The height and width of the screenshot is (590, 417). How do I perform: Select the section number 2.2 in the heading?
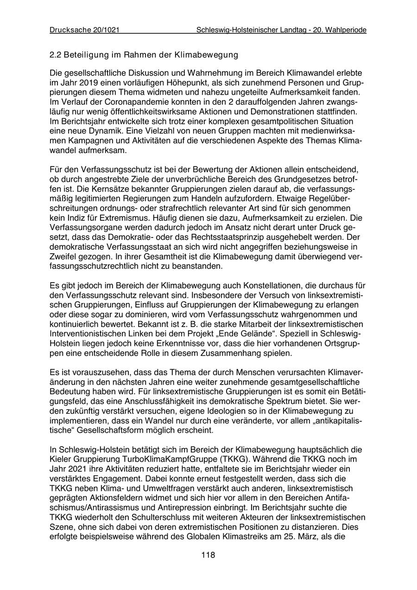[x=56, y=55]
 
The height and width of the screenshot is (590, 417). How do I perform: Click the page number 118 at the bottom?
[x=208, y=555]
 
